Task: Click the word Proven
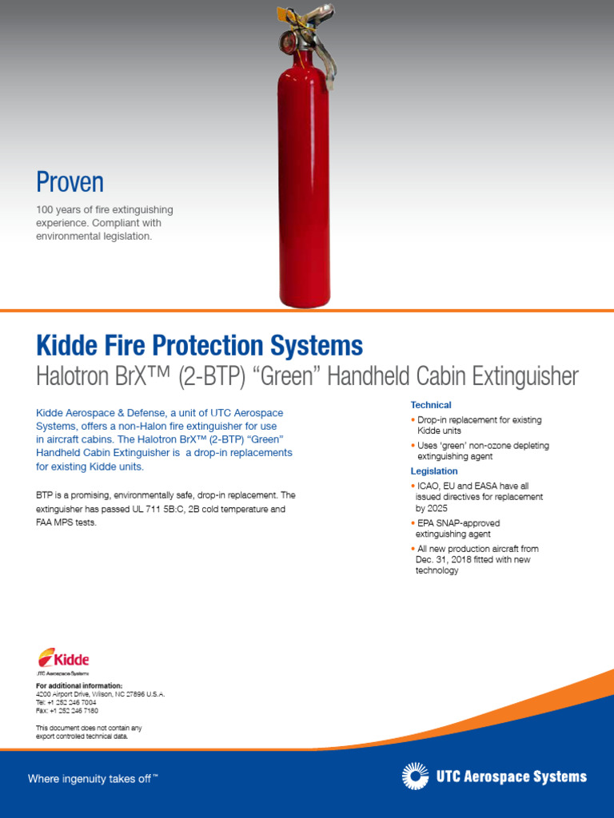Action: click(70, 182)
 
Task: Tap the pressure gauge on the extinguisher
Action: click(288, 41)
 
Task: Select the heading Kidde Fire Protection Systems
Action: click(199, 346)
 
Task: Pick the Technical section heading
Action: click(431, 405)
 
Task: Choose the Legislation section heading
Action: click(434, 471)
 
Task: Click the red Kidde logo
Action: click(63, 659)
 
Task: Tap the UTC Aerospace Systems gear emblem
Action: click(415, 776)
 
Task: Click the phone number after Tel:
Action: click(73, 702)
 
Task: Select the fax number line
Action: click(67, 710)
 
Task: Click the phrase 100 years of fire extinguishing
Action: click(104, 209)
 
